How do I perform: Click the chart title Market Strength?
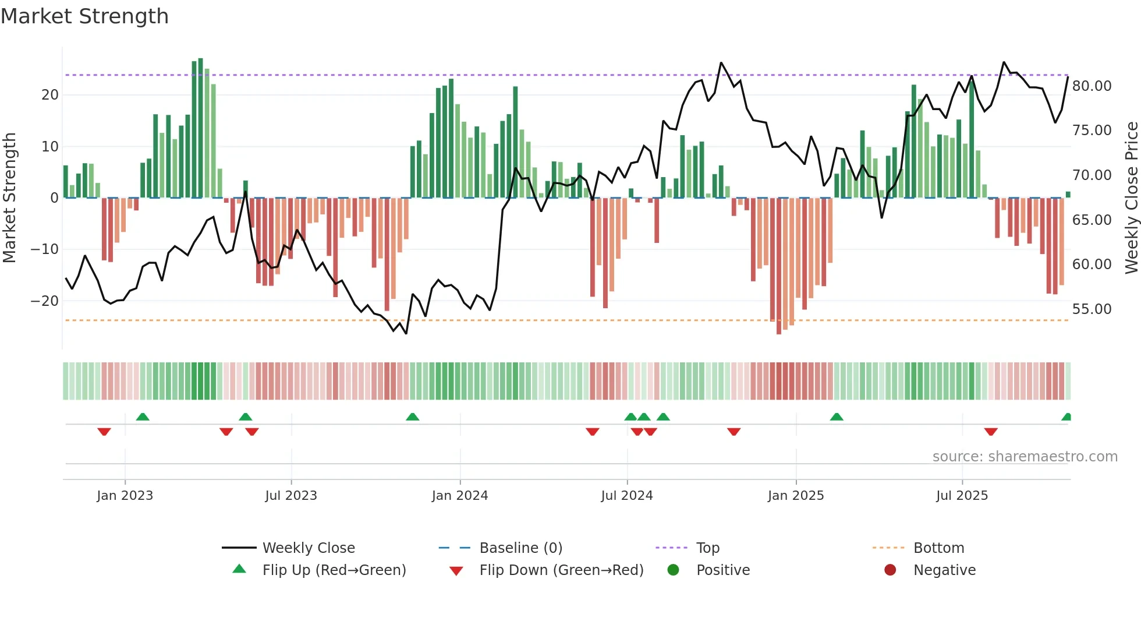pyautogui.click(x=84, y=16)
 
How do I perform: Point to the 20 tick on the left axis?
pyautogui.click(x=50, y=95)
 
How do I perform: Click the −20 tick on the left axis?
pyautogui.click(x=45, y=301)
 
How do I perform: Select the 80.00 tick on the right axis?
pyautogui.click(x=1092, y=86)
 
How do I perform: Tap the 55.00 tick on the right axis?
pyautogui.click(x=1092, y=309)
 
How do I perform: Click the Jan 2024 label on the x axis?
pyautogui.click(x=459, y=496)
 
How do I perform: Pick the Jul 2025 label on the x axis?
pyautogui.click(x=962, y=496)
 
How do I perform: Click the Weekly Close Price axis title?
pyautogui.click(x=1131, y=198)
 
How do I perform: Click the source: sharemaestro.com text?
pyautogui.click(x=1025, y=457)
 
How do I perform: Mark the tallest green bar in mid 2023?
pyautogui.click(x=200, y=128)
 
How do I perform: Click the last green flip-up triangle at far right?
pyautogui.click(x=1066, y=417)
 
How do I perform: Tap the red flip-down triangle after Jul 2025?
pyautogui.click(x=991, y=432)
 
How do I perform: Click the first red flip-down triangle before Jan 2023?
pyautogui.click(x=104, y=432)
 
